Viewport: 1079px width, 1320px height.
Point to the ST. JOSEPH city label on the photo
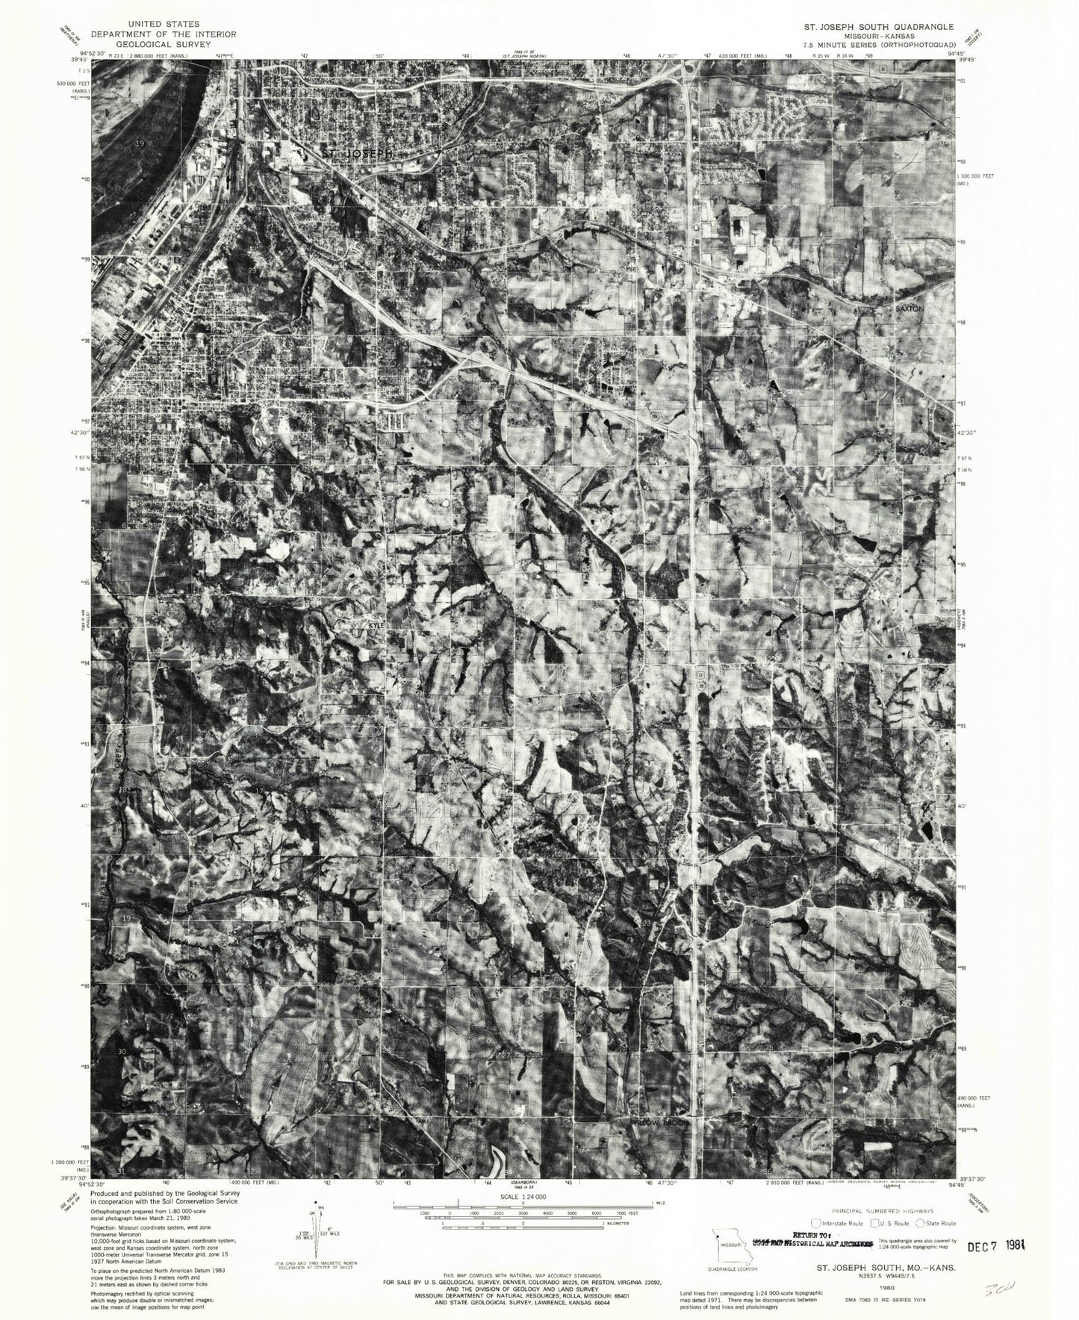pos(355,153)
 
